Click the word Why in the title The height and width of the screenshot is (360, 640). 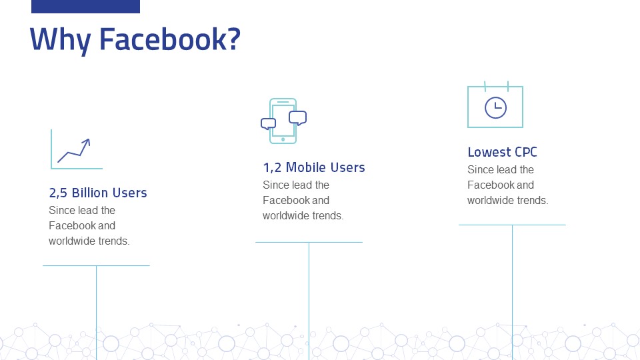[x=60, y=39]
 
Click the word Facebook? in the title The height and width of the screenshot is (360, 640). [x=169, y=39]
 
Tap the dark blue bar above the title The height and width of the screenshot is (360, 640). [x=85, y=6]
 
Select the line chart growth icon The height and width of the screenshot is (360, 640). [x=76, y=150]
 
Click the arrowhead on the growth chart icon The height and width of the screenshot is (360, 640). [x=86, y=141]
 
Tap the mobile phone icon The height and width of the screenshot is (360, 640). [x=283, y=121]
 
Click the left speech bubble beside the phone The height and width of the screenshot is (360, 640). [x=268, y=123]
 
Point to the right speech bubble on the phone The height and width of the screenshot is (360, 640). [x=298, y=118]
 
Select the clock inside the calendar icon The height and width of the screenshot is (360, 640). [x=495, y=107]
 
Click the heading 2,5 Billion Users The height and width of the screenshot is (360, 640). [x=97, y=193]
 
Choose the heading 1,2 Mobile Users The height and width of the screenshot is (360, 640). [x=314, y=167]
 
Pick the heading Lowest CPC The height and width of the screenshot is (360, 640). [x=502, y=152]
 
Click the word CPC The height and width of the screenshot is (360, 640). [x=525, y=152]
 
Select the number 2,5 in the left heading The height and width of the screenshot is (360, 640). [x=58, y=193]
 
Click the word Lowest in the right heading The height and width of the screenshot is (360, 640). [x=487, y=152]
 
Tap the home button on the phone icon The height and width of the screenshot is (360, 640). [x=283, y=139]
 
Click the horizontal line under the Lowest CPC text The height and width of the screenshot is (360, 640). [x=512, y=225]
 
